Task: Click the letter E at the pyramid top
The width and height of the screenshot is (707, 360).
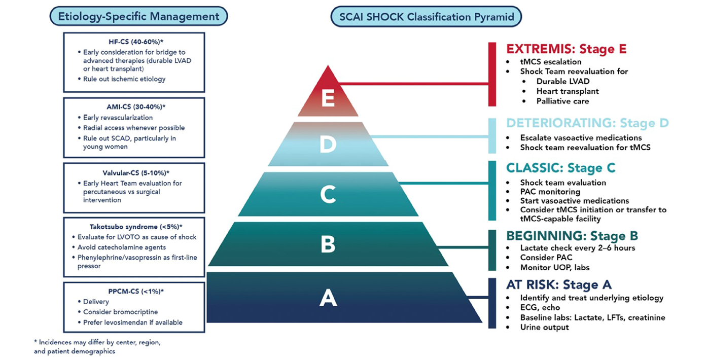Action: pos(328,99)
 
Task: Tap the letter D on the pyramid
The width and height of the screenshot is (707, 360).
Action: pos(328,145)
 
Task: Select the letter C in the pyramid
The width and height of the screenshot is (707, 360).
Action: pos(328,195)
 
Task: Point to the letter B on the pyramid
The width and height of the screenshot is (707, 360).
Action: pos(328,245)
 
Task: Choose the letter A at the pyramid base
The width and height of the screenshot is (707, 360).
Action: pos(328,298)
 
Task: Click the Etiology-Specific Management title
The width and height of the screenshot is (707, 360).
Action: pos(138,16)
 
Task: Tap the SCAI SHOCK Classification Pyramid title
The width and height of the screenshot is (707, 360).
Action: pos(426,16)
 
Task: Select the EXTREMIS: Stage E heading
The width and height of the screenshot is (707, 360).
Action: pos(567,49)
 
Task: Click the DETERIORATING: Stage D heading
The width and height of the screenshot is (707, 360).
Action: pos(587,123)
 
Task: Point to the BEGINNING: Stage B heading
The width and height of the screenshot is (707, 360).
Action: pos(572,236)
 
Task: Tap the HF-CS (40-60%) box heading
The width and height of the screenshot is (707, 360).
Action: pos(134,42)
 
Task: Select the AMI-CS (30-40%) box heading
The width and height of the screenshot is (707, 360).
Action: pos(134,107)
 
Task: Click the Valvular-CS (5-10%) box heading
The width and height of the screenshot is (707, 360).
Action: pos(134,173)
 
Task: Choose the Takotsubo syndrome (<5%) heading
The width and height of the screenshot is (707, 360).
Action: pos(134,227)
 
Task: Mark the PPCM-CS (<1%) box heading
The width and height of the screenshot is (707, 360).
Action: pos(134,291)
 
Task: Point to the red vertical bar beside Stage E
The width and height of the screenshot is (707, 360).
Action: pos(491,74)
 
